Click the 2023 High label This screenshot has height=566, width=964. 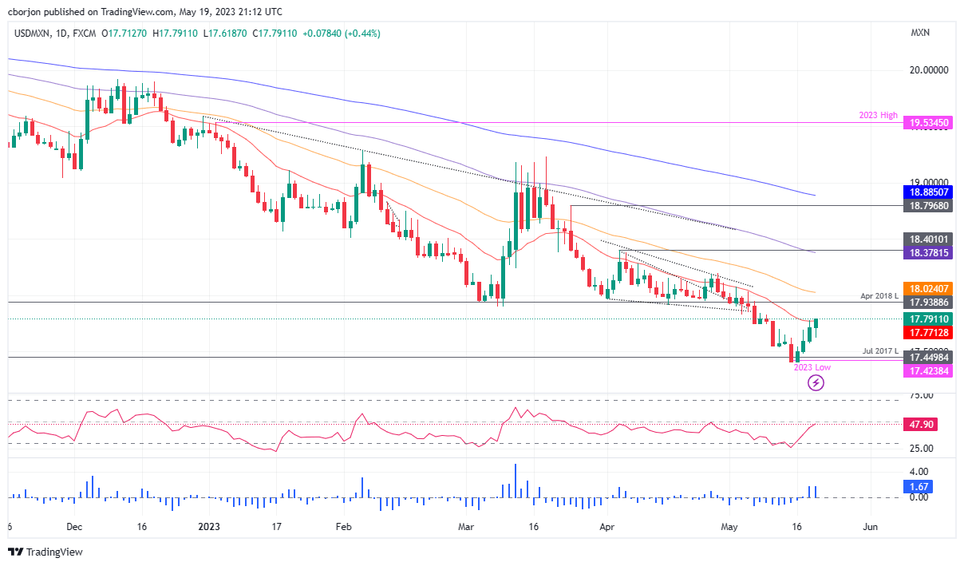pos(877,115)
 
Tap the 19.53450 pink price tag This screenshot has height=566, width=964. pos(929,124)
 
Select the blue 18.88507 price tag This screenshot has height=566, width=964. pos(929,192)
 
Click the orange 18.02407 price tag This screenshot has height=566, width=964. pos(929,288)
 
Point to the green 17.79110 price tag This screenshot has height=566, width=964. pos(929,319)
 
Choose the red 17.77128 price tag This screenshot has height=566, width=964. pos(929,332)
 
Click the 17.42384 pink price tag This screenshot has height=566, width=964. pos(929,372)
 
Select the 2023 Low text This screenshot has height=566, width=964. pos(812,367)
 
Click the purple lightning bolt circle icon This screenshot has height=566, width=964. pos(816,383)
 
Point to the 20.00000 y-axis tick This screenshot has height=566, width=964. pos(929,70)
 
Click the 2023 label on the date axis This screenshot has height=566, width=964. pos(208,527)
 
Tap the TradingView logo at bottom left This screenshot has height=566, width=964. pos(45,552)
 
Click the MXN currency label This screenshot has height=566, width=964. pos(920,33)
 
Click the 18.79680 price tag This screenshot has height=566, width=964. pos(929,206)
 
